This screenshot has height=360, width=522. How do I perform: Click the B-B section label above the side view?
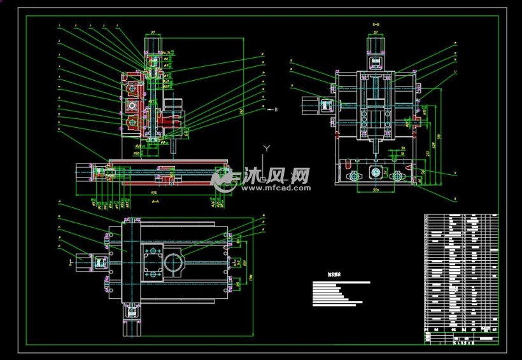pyautogui.click(x=376, y=24)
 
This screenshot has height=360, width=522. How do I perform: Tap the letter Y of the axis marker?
pyautogui.click(x=267, y=148)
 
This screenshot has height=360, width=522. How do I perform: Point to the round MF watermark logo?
pyautogui.click(x=223, y=179)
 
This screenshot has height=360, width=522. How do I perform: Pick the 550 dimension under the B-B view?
pyautogui.click(x=376, y=189)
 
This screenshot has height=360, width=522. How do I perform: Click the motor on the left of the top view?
pyautogui.click(x=85, y=261)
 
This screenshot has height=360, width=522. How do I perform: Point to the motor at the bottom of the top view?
pyautogui.click(x=131, y=321)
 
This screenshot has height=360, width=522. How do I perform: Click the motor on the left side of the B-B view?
pyautogui.click(x=312, y=106)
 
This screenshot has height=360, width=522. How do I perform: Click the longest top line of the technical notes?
pyautogui.click(x=341, y=281)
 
